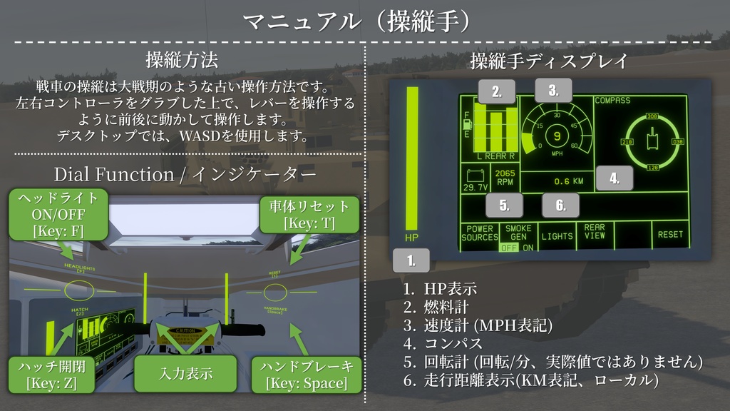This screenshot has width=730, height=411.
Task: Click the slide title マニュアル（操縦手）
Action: point(364,21)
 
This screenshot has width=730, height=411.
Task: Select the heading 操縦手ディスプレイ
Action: point(548,61)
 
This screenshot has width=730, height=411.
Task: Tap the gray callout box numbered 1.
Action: point(411,260)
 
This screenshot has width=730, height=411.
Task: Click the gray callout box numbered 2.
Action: point(497,91)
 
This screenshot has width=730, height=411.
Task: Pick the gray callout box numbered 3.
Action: point(553,90)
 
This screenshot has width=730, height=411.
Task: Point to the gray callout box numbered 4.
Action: point(614,178)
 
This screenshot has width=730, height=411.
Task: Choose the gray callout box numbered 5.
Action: point(504,205)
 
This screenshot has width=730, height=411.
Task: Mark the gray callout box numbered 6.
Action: point(560,205)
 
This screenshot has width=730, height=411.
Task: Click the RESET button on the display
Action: point(670,235)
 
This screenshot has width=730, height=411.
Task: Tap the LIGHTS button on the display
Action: point(557,235)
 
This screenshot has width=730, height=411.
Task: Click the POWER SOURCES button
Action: point(479,233)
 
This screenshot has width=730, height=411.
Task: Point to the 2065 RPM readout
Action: point(505,178)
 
